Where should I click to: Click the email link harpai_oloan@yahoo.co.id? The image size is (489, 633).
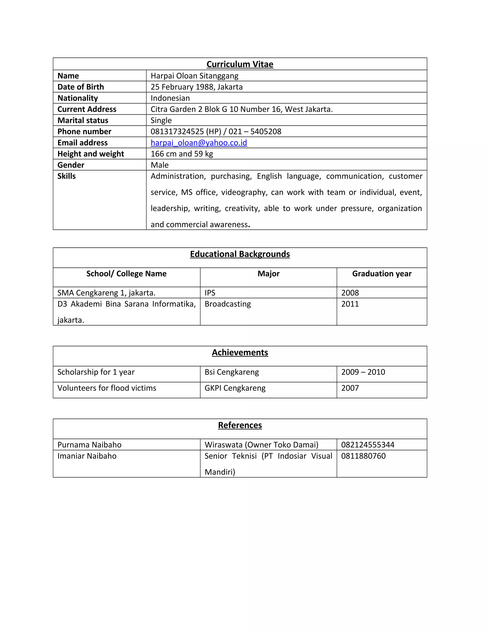coord(199,143)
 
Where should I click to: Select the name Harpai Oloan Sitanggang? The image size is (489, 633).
coord(194,76)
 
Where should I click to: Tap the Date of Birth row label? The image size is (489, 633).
coord(80,87)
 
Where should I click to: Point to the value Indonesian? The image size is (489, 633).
coord(170,98)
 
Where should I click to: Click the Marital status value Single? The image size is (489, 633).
coord(161,120)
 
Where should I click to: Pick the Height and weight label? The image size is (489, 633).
coord(90,154)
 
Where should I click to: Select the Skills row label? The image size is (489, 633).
coord(66,176)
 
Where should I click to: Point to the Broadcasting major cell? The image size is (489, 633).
coord(228,304)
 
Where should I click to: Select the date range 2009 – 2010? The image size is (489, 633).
coord(363,372)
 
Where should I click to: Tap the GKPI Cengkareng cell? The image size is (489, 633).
coord(235,388)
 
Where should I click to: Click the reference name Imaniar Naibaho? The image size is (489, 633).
coord(87,456)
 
